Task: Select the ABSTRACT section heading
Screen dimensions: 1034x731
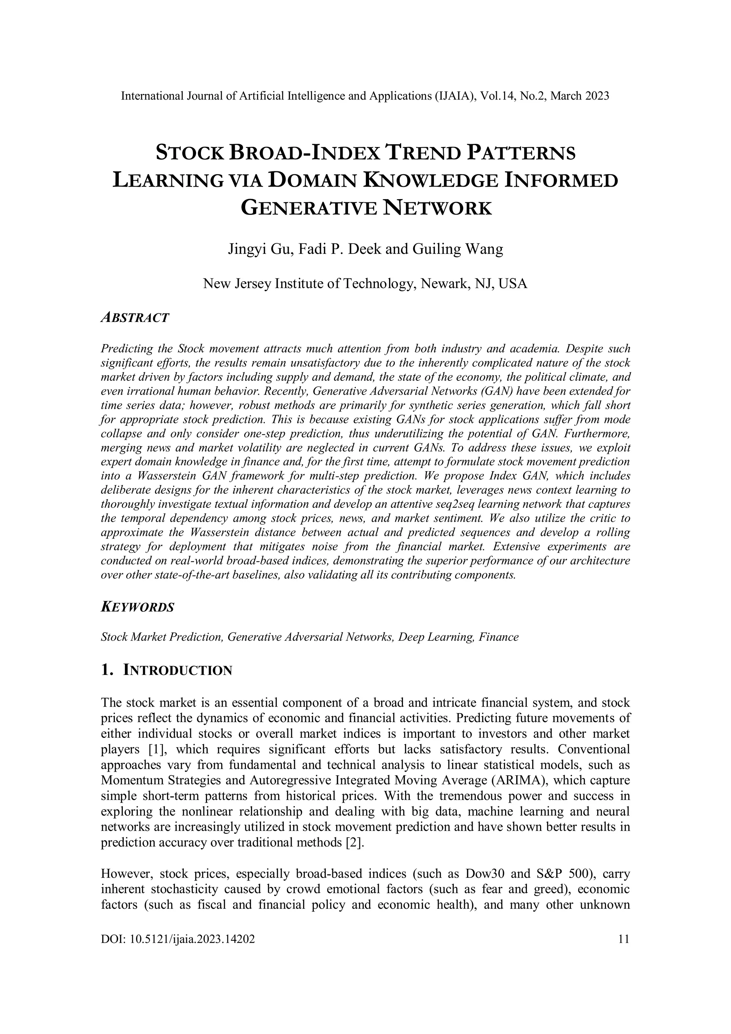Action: (x=135, y=318)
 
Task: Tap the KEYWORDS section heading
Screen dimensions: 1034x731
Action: (x=137, y=607)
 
